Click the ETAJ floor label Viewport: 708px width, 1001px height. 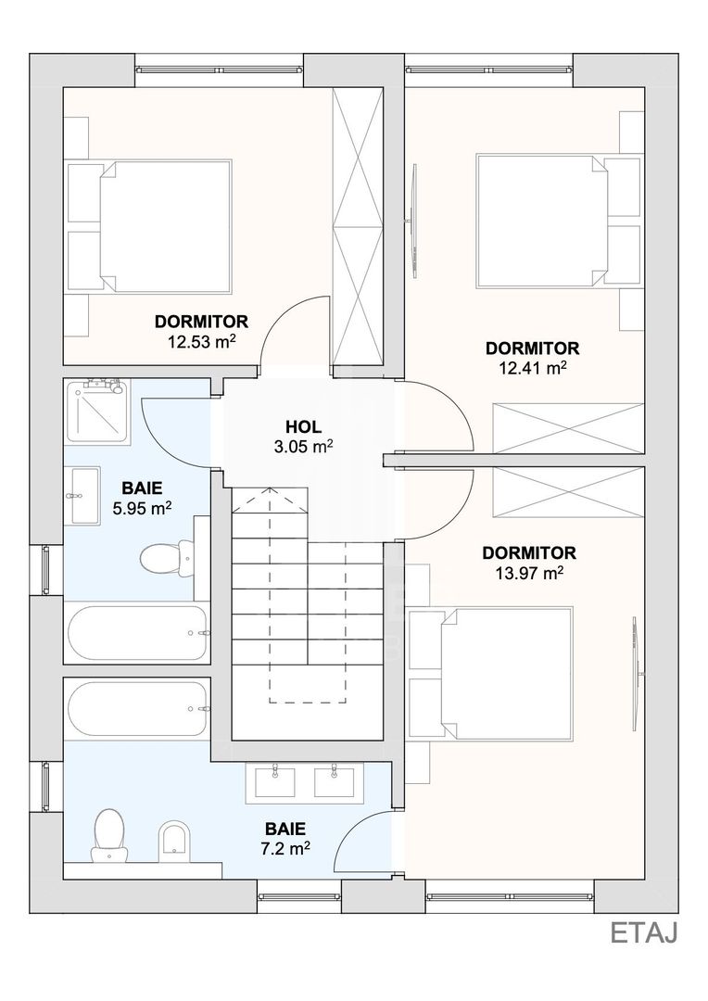(x=643, y=932)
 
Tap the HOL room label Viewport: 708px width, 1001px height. (x=304, y=426)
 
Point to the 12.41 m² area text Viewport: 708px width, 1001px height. (x=533, y=368)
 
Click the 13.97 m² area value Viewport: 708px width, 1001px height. (x=529, y=573)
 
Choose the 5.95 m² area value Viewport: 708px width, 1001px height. (x=142, y=509)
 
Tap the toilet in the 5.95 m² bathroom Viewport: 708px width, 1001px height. (x=167, y=557)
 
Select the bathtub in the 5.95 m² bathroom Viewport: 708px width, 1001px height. (x=137, y=633)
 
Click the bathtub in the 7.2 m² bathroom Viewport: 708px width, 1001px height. (x=137, y=709)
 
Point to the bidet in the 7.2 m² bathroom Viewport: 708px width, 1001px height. (x=173, y=838)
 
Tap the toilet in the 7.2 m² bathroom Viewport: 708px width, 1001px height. (x=108, y=835)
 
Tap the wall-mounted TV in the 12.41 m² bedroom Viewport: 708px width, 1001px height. (x=413, y=221)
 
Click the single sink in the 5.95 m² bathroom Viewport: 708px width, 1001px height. (x=84, y=495)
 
